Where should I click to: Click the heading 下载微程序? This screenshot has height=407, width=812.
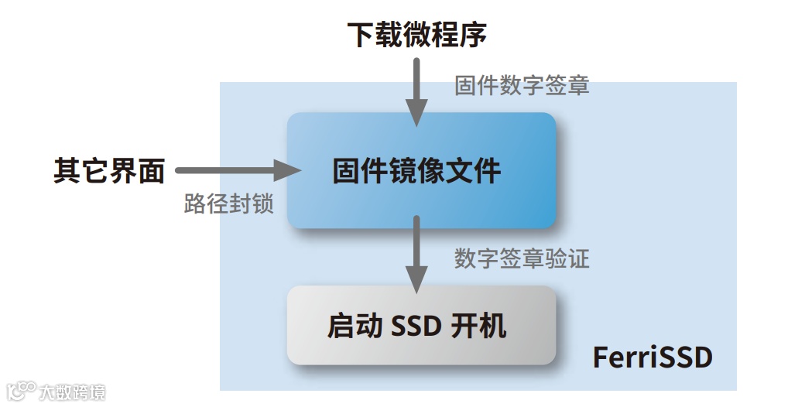tap(416, 35)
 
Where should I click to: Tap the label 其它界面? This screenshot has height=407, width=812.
tap(109, 170)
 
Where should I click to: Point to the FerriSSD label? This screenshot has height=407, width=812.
tap(652, 358)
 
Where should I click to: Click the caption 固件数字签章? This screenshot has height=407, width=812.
tap(522, 85)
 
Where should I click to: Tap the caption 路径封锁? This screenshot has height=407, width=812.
tap(228, 204)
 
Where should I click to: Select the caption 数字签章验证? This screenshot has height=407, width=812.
tap(522, 258)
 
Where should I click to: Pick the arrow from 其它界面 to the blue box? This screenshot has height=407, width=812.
tap(232, 170)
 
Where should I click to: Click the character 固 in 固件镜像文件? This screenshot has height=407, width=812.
tap(346, 171)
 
